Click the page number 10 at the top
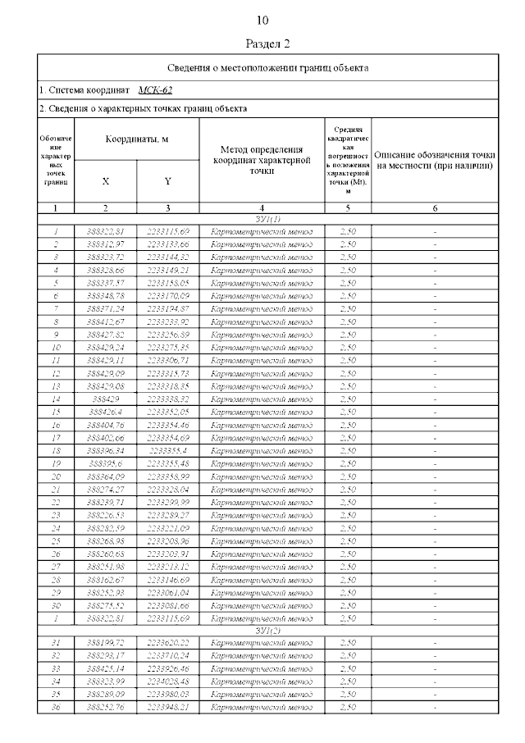(262, 20)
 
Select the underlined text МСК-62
(155, 90)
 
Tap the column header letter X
(105, 180)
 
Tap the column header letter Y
(167, 180)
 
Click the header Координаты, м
(137, 139)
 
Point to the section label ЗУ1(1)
(268, 219)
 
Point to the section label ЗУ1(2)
(268, 630)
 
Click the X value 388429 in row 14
(105, 399)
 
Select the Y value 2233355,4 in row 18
(167, 450)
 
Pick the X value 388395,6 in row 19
(105, 463)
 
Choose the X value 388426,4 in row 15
(105, 412)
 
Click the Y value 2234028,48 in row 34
(167, 681)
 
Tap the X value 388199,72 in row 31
(105, 643)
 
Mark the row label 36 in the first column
(56, 707)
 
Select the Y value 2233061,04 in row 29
(167, 592)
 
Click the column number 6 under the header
(435, 208)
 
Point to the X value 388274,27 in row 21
(105, 489)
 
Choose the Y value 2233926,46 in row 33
(167, 668)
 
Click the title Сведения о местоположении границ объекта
(267, 67)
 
